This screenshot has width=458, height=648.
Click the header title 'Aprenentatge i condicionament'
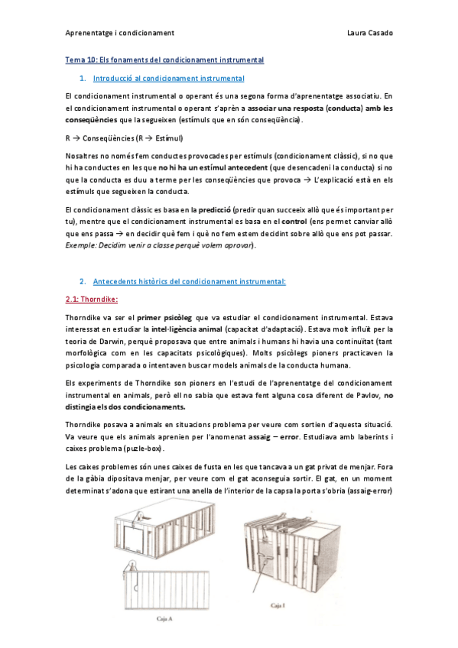click(120, 33)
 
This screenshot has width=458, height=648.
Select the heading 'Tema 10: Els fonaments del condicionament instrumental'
click(164, 60)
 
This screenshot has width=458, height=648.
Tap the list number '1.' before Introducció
click(82, 78)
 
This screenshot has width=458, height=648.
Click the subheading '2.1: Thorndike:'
click(89, 299)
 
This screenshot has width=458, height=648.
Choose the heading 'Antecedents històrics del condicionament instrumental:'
click(189, 280)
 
